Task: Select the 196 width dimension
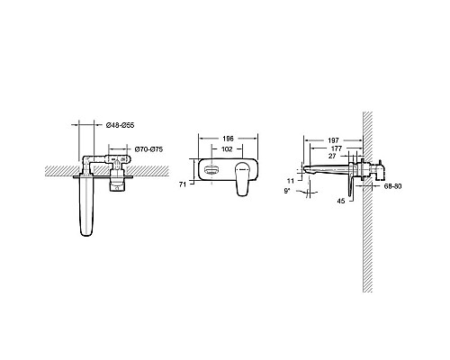(x=229, y=139)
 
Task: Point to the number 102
(x=229, y=149)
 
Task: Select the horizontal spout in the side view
(x=328, y=169)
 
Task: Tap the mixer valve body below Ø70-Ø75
(x=116, y=178)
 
